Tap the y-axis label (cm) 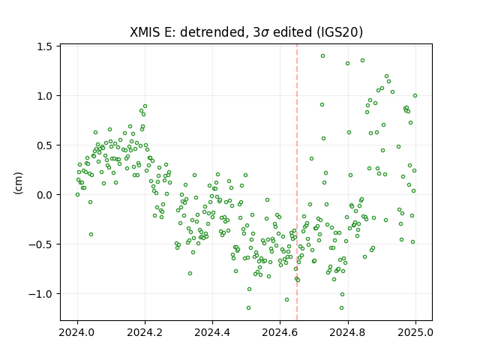tap(18, 183)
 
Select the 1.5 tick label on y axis tap(43, 46)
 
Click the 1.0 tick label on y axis tap(43, 96)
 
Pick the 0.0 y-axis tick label tap(43, 195)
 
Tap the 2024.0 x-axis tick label tap(77, 332)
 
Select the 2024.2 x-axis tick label tap(145, 332)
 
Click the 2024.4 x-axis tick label tap(212, 332)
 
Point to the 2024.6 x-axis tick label tap(280, 332)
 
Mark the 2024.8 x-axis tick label tap(348, 332)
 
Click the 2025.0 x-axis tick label tap(415, 332)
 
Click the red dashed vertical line tap(297, 182)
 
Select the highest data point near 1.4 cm tap(322, 56)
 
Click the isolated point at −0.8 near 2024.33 tap(190, 273)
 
